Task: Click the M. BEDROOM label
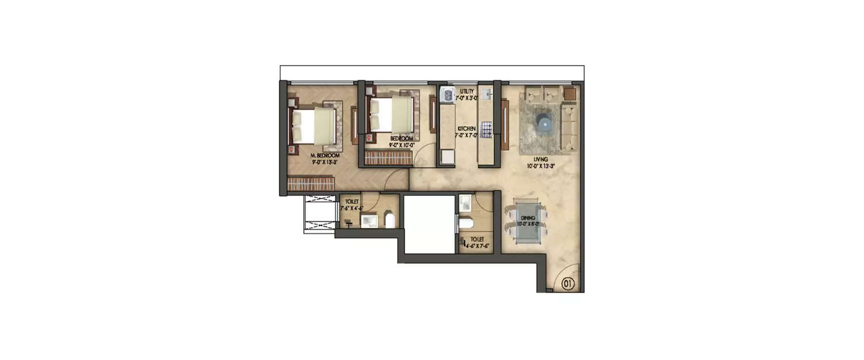coord(324,156)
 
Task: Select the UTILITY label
coord(467,91)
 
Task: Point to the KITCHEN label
coord(466,128)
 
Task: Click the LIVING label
coord(540,160)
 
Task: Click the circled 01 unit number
coord(568,283)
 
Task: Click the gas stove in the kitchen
coord(487,130)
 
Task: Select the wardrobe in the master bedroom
coord(311,184)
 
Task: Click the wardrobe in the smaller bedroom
coord(388,158)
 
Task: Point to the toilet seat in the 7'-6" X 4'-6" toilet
coord(389,219)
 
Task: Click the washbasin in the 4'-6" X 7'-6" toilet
coord(465,202)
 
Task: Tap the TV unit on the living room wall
coord(505,124)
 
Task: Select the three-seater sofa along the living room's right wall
coord(569,127)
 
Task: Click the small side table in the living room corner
coord(570,93)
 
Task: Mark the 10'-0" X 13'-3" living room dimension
coord(540,166)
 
